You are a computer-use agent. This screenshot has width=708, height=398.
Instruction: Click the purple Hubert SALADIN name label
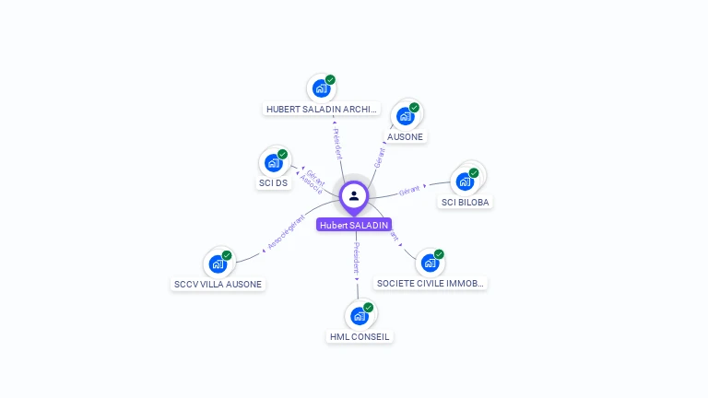point(354,225)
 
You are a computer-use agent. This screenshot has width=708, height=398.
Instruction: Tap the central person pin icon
point(354,195)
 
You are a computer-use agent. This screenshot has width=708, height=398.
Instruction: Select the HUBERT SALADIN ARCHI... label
point(321,109)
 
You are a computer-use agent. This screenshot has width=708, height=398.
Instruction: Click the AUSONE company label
point(405,137)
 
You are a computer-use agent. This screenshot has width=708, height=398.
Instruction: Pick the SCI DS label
point(273,183)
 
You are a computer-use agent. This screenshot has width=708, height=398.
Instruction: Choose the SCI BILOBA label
point(466,202)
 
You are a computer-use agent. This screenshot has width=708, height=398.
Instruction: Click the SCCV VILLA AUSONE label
point(218,285)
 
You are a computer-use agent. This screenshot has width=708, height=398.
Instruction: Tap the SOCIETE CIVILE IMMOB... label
point(431,284)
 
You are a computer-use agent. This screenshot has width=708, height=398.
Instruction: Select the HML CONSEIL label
point(360,337)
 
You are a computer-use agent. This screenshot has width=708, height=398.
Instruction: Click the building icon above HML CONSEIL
point(360,316)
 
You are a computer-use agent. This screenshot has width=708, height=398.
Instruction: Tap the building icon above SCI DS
point(273,163)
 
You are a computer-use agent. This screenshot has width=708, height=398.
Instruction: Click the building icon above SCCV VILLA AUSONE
point(218,264)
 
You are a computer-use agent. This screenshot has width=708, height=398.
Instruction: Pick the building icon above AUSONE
point(405,116)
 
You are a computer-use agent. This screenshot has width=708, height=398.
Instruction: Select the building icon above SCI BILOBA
point(465,181)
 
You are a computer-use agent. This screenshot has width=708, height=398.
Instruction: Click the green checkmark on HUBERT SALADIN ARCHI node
point(330,80)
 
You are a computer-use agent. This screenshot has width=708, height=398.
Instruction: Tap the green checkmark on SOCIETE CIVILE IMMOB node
point(439,254)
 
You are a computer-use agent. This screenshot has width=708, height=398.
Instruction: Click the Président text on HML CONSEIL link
point(357,259)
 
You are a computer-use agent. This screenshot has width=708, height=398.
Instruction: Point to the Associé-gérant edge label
point(286,232)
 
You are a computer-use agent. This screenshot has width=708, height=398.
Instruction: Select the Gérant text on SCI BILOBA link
point(409,190)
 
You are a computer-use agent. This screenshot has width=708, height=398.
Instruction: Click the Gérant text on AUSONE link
point(379,158)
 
